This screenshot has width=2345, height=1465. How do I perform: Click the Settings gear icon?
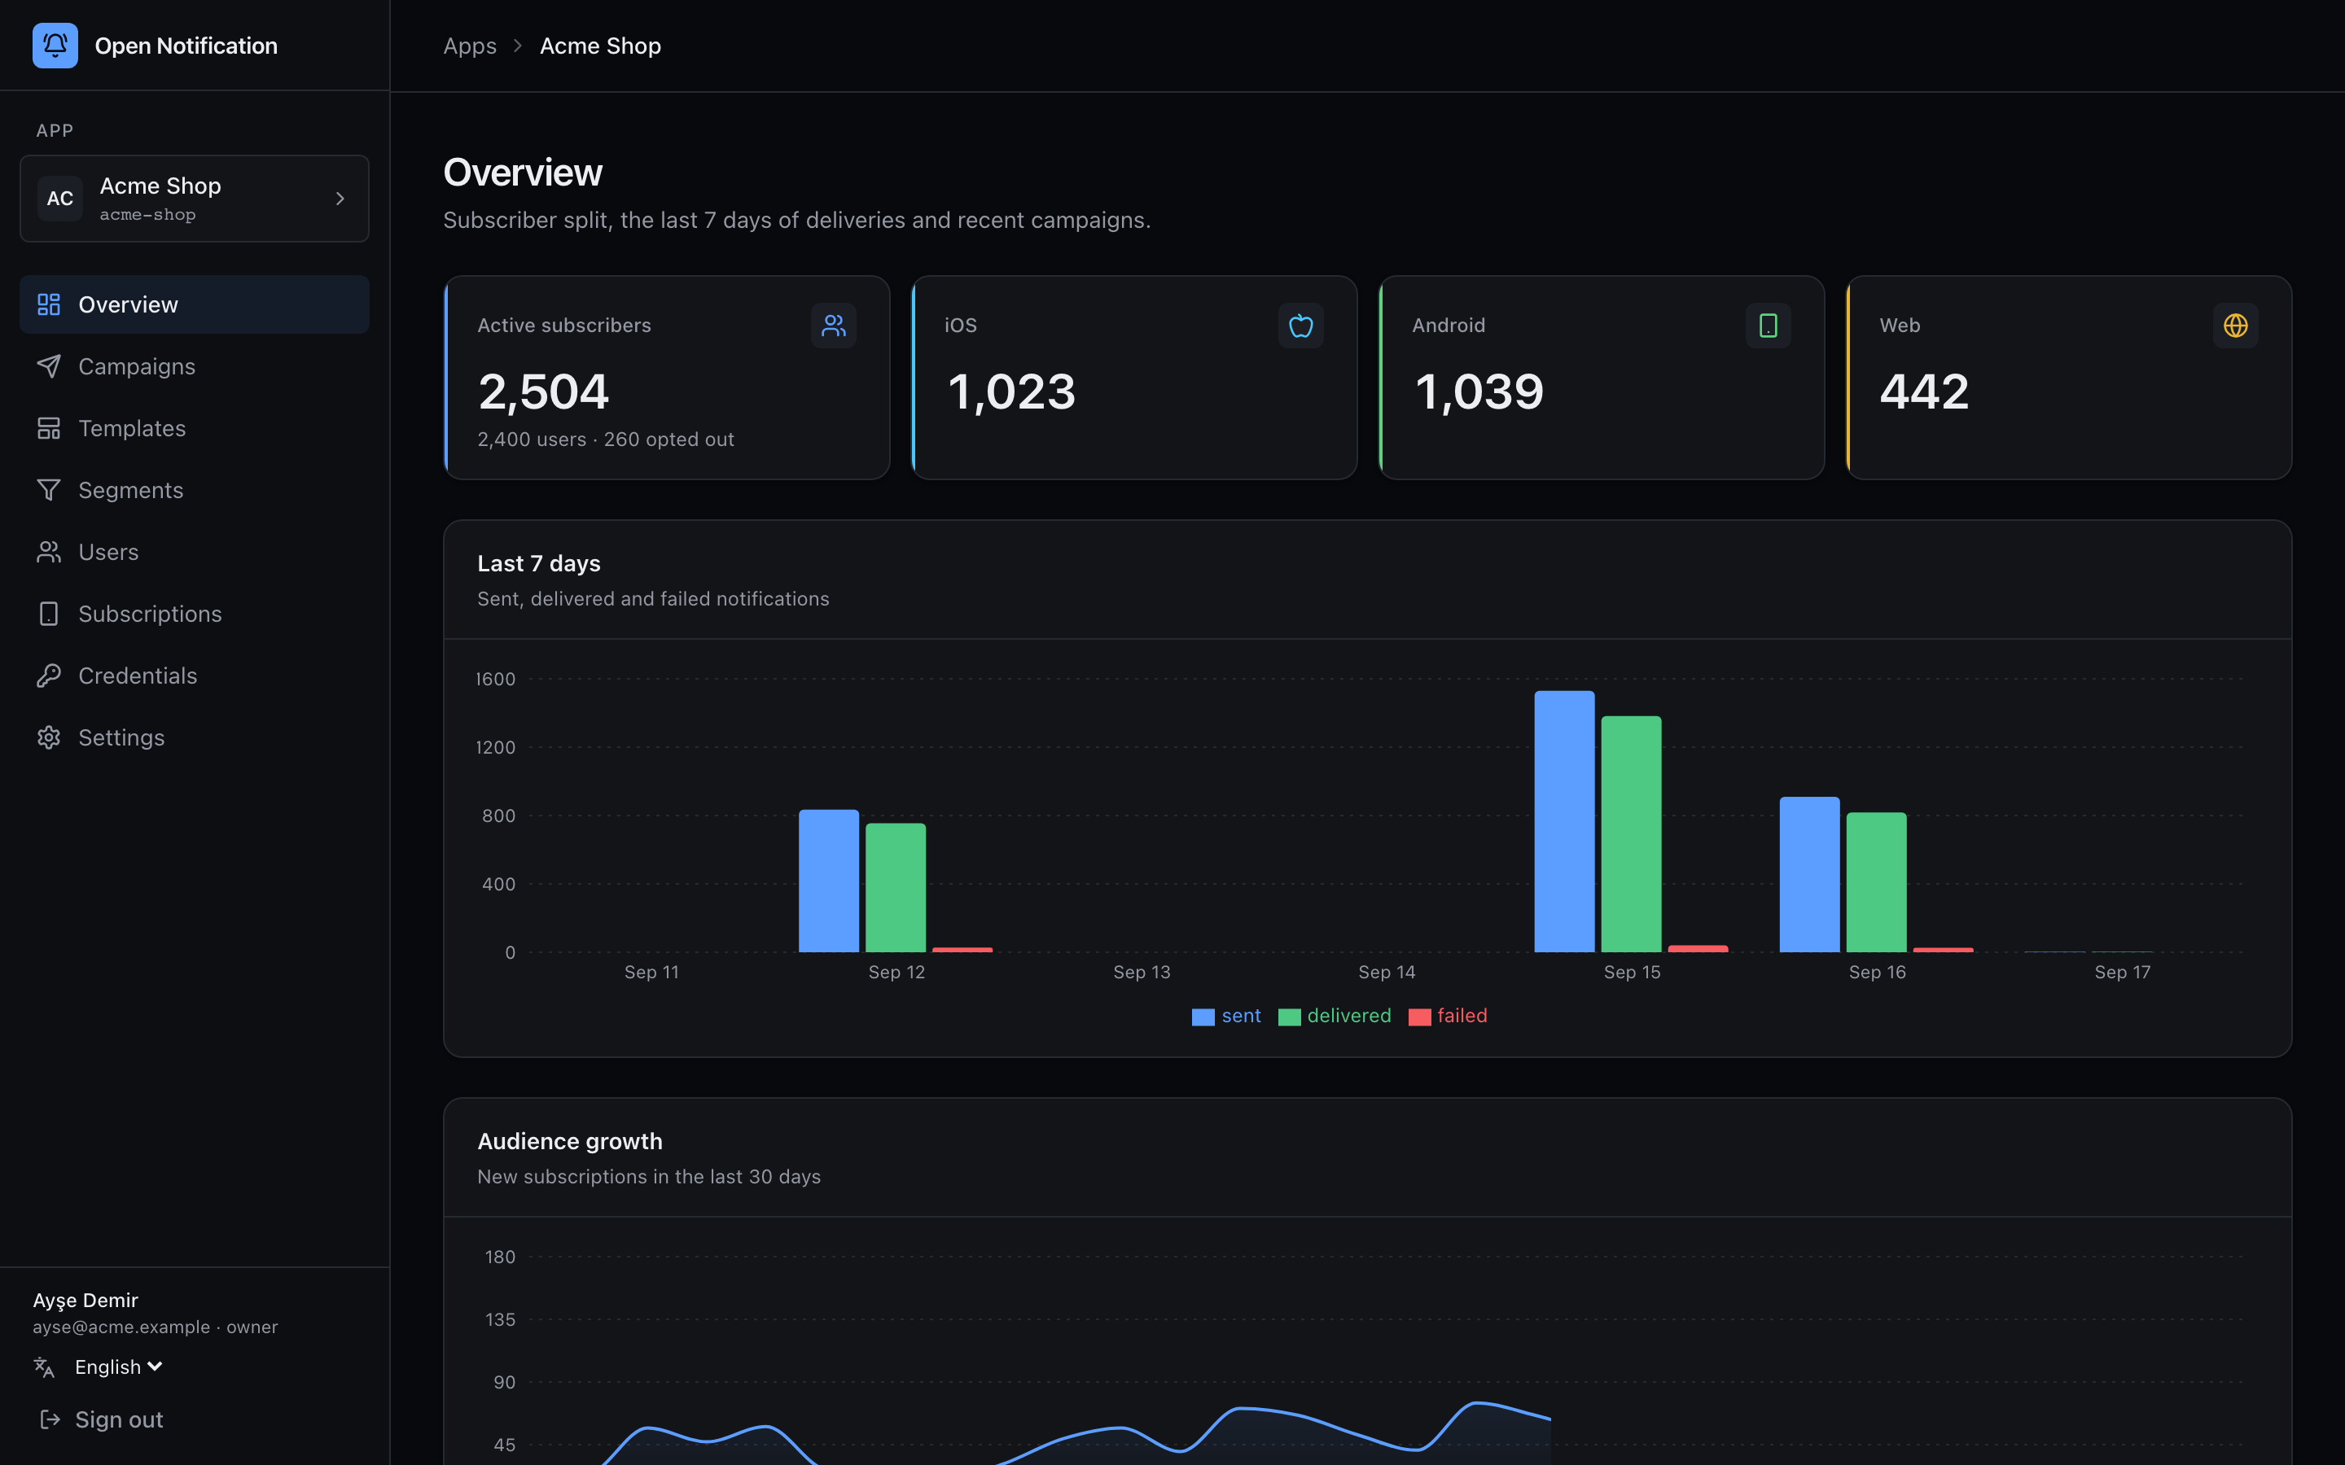[x=49, y=737]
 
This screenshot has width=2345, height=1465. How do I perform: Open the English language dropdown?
[x=118, y=1367]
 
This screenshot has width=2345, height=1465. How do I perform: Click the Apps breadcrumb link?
[x=470, y=46]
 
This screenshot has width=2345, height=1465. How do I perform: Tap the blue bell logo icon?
[x=55, y=46]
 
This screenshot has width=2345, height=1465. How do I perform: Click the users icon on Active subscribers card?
[x=833, y=326]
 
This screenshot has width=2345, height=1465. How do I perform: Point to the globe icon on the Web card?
[x=2236, y=326]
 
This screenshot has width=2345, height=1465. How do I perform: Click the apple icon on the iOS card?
[x=1300, y=326]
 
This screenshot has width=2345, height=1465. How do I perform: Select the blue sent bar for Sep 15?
[x=1564, y=822]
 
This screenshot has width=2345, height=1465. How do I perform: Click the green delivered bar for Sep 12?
[x=896, y=887]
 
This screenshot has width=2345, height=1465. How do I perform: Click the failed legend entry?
[x=1448, y=1017]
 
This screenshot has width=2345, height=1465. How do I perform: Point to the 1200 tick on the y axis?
[x=495, y=747]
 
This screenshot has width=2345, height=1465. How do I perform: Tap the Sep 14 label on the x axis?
[x=1387, y=972]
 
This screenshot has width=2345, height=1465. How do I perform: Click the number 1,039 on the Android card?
[x=1479, y=391]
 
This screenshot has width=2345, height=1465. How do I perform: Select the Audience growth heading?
[x=570, y=1141]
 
